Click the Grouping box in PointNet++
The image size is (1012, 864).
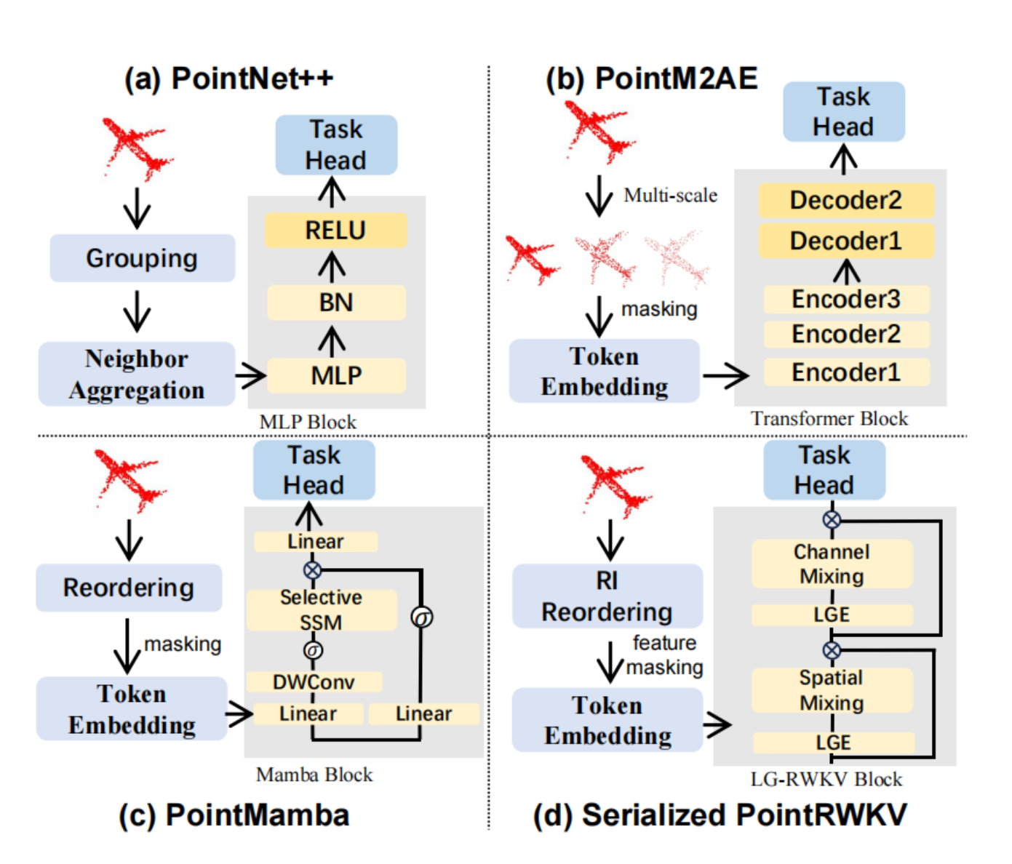pos(142,258)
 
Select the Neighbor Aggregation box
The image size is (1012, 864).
pos(137,374)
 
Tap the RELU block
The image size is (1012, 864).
pos(335,231)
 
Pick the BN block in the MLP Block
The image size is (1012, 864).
pos(335,303)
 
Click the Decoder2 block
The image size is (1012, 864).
pos(845,200)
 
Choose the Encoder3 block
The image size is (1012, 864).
pos(845,299)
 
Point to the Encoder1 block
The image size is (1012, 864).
pos(845,372)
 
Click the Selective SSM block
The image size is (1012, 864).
pos(321,609)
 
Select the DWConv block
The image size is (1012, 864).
pos(314,682)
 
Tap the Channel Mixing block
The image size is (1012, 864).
pos(831,564)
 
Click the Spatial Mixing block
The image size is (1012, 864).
pos(831,690)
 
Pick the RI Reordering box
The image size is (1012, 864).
pos(607,596)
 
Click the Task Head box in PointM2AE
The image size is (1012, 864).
pos(843,111)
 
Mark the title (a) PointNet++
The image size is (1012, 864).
pos(228,79)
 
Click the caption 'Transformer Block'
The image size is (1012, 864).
pos(829,419)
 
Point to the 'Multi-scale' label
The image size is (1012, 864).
pos(670,195)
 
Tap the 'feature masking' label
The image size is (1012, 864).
pos(664,655)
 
